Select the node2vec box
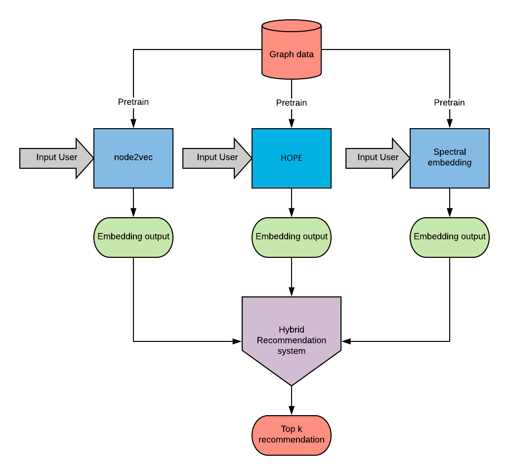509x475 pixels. [x=133, y=158]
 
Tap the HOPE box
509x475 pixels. [x=292, y=158]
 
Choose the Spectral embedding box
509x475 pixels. [x=450, y=158]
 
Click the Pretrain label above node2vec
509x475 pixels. [x=133, y=102]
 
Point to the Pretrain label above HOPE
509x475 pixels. [x=292, y=103]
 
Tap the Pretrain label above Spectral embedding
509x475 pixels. [x=450, y=102]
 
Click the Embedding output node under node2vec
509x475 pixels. [x=133, y=237]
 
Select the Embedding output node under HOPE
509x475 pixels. [x=292, y=237]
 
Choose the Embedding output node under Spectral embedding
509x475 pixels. [x=450, y=237]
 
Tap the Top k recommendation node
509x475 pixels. [x=292, y=435]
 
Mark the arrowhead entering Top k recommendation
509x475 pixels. [x=292, y=411]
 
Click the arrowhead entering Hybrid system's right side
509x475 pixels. [x=346, y=341]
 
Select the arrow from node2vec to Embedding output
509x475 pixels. [x=133, y=203]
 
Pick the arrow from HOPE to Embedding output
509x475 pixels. [x=292, y=203]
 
